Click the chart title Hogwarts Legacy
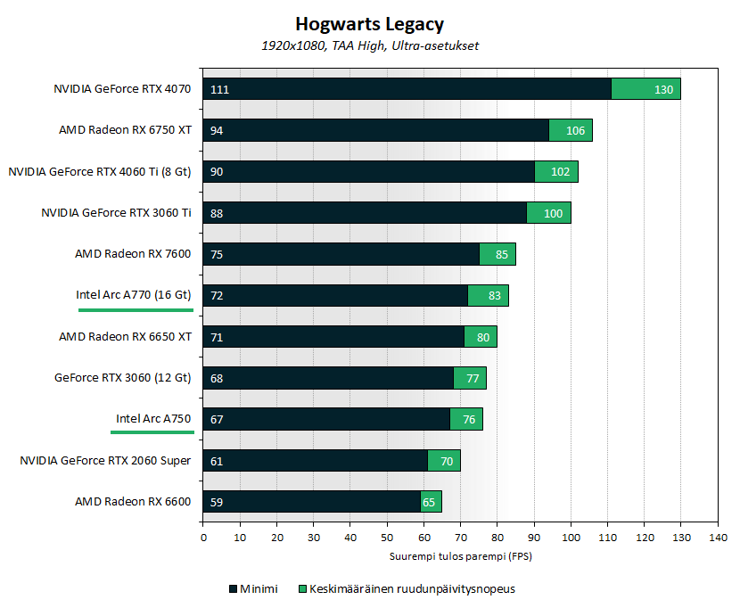pyautogui.click(x=369, y=24)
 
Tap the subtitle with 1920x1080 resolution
pyautogui.click(x=369, y=45)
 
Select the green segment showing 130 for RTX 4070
pyautogui.click(x=646, y=89)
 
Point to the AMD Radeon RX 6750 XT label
pyautogui.click(x=125, y=130)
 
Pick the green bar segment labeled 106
pyautogui.click(x=571, y=130)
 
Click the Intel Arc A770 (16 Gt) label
pyautogui.click(x=134, y=295)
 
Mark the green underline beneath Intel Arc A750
pyautogui.click(x=152, y=431)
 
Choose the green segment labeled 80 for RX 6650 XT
pyautogui.click(x=481, y=337)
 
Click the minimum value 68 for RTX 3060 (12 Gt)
pyautogui.click(x=217, y=378)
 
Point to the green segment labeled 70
pyautogui.click(x=444, y=461)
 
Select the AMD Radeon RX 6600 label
pyautogui.click(x=134, y=502)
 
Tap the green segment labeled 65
pyautogui.click(x=431, y=502)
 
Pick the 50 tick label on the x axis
pyautogui.click(x=387, y=537)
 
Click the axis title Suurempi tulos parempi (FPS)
pyautogui.click(x=460, y=556)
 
